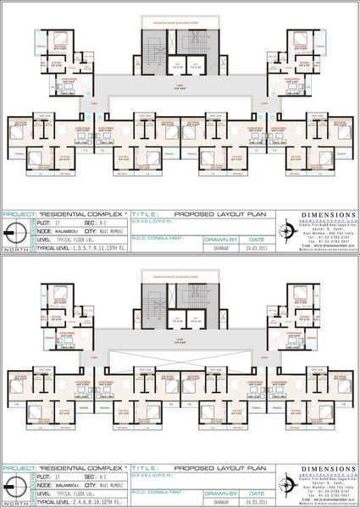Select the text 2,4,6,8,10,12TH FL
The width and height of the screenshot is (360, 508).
pos(89,501)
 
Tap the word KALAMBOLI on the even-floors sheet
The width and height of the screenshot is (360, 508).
pos(58,483)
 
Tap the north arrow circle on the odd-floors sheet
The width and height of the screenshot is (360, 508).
pos(11,235)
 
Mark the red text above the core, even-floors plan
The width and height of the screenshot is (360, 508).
pos(178,271)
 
